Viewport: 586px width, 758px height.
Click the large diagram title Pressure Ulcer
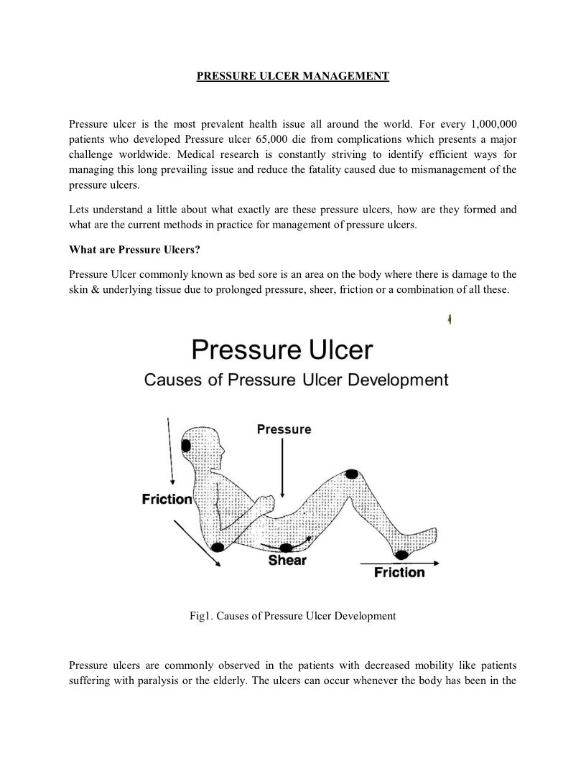pos(282,350)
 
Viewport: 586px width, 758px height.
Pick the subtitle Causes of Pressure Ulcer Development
pos(296,380)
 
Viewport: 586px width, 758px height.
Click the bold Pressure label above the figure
pos(284,429)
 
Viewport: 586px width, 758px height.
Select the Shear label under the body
pos(287,559)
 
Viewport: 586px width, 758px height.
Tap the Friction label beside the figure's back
pos(167,499)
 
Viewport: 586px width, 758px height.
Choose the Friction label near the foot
pos(399,572)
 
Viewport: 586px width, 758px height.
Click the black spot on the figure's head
pos(187,446)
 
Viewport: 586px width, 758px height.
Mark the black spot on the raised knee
pos(351,474)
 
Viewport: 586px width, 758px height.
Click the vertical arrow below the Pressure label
pos(284,467)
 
